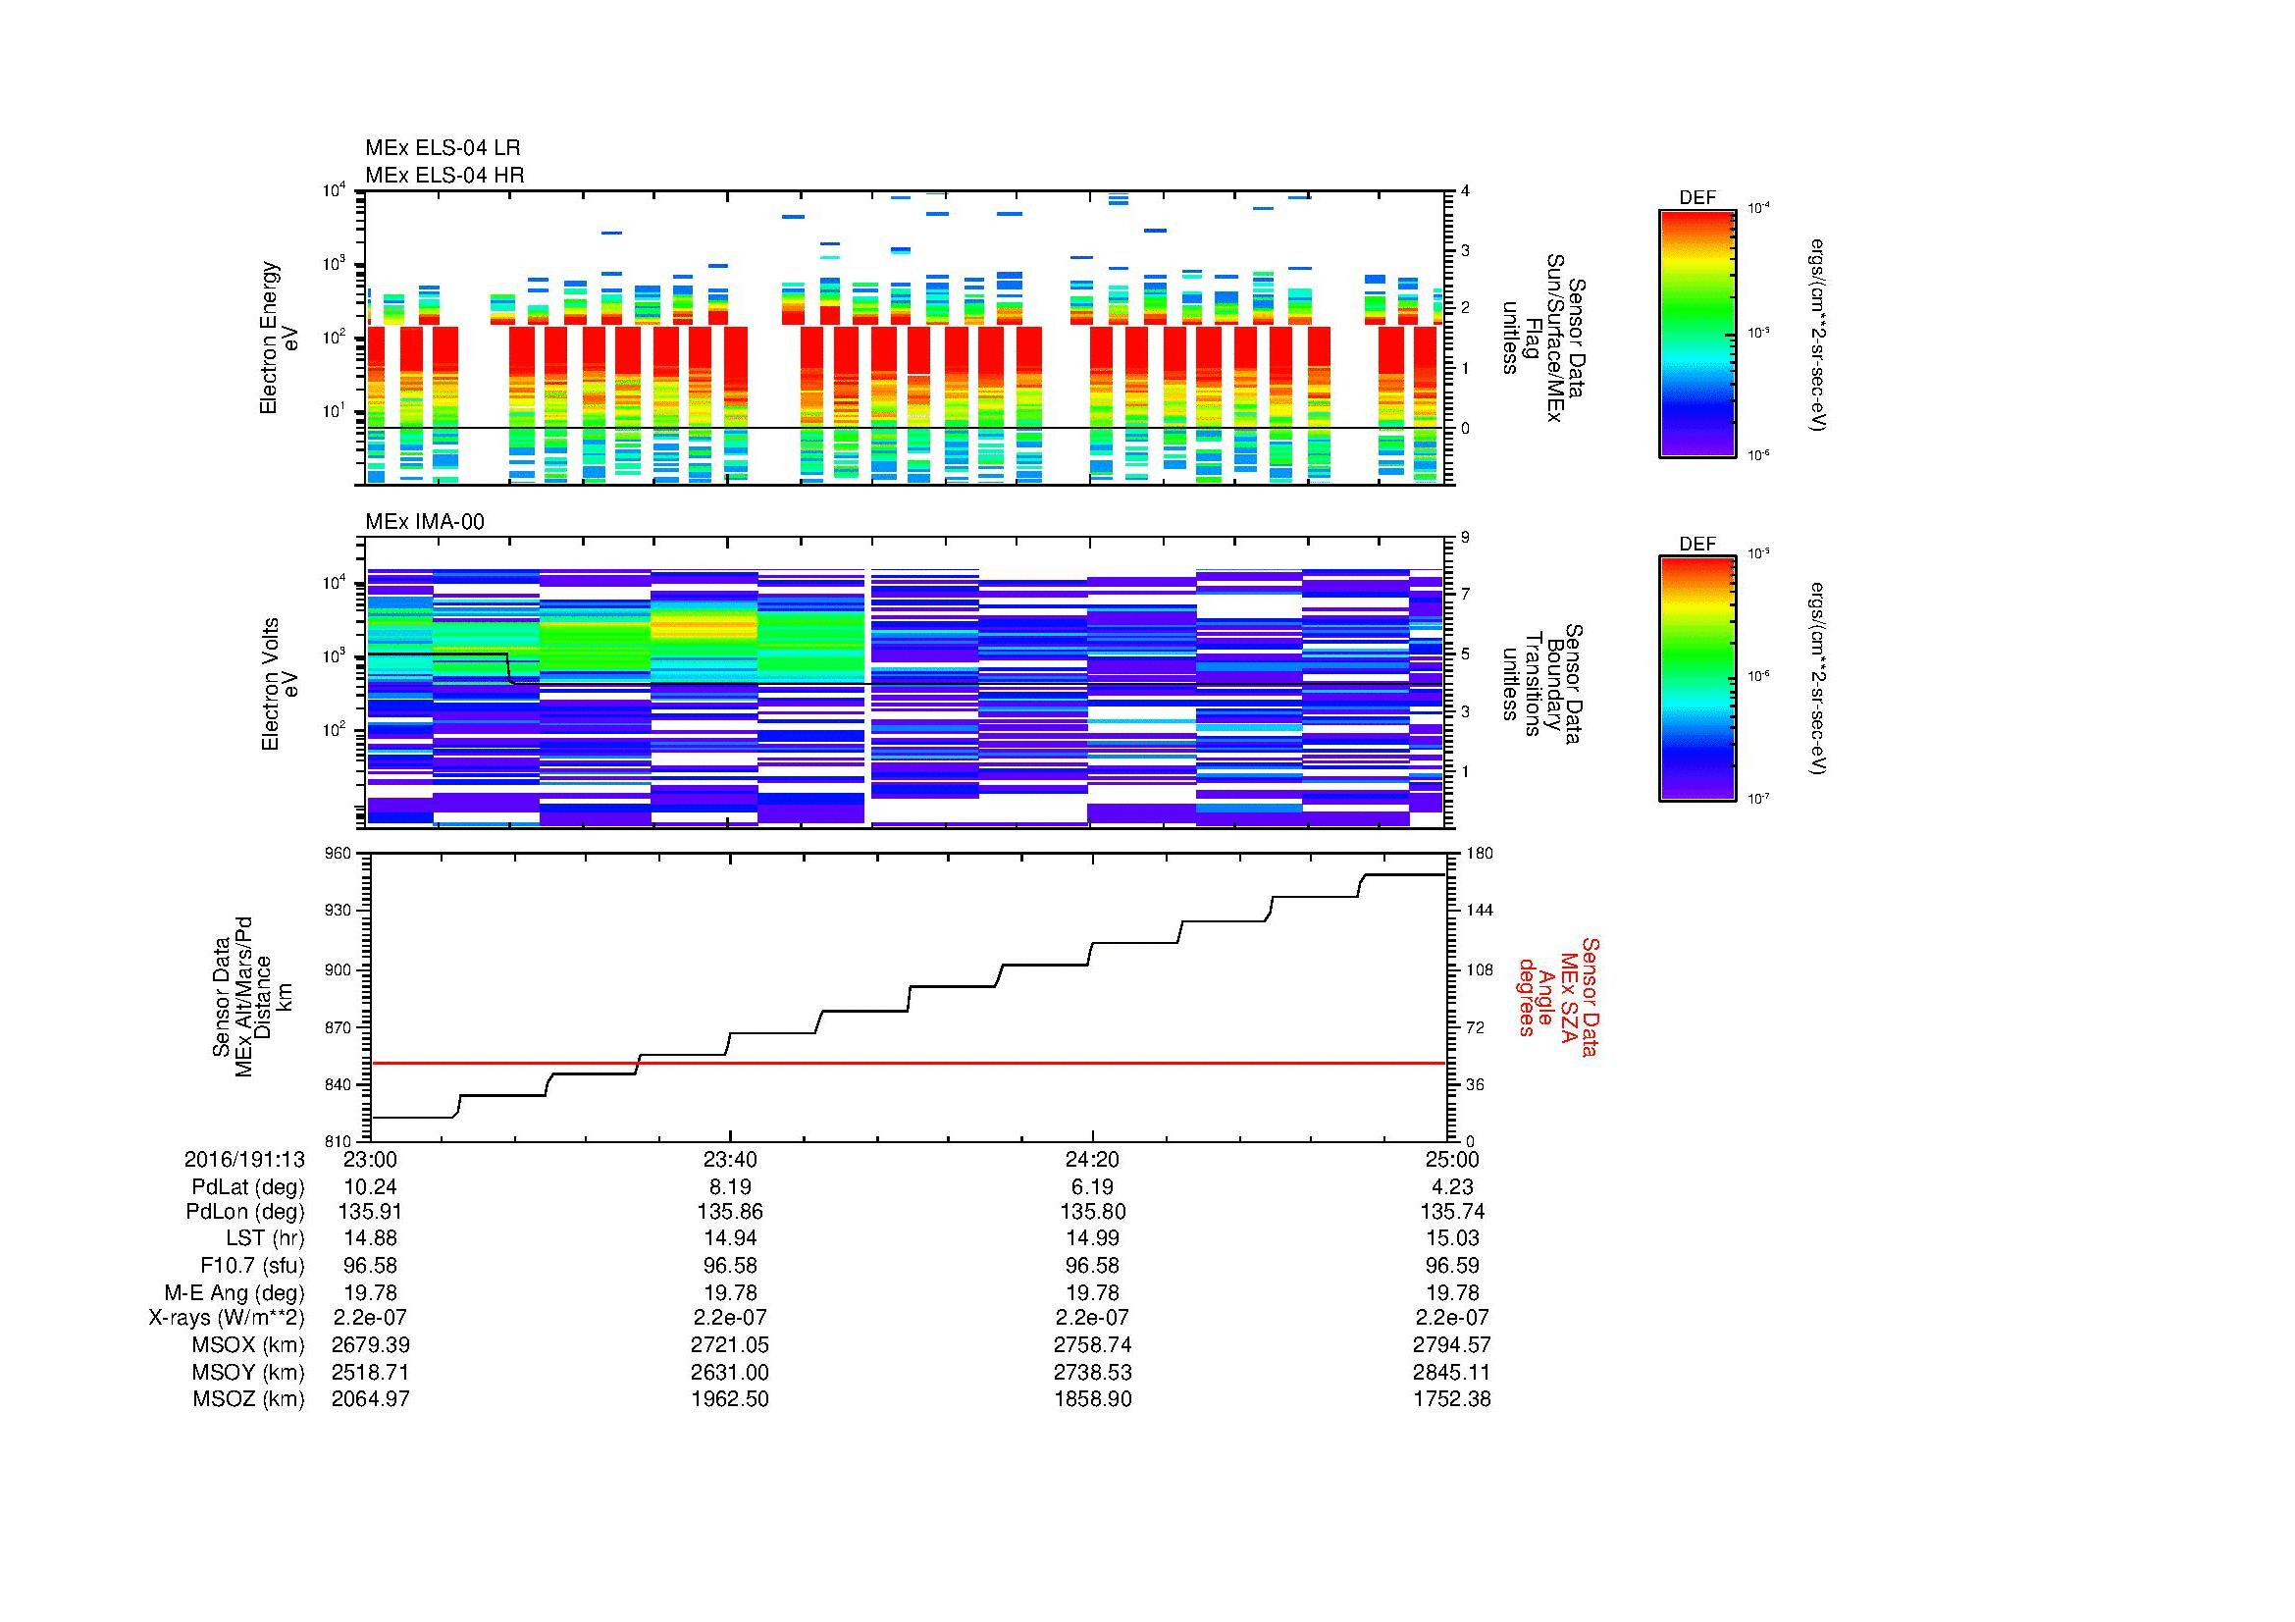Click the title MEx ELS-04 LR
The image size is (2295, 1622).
pyautogui.click(x=443, y=148)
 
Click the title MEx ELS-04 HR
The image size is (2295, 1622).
pyautogui.click(x=444, y=175)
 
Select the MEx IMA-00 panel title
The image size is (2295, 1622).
pyautogui.click(x=425, y=522)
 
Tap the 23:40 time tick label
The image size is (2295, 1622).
pyautogui.click(x=731, y=1159)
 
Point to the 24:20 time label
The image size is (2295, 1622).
pyautogui.click(x=1092, y=1159)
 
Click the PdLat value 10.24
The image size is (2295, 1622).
pyautogui.click(x=371, y=1186)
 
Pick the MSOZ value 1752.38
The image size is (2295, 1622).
pyautogui.click(x=1451, y=1399)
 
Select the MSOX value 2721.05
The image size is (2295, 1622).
pyautogui.click(x=731, y=1345)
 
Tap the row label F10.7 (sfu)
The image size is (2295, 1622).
pyautogui.click(x=252, y=1265)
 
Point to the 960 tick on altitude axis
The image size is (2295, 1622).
pyautogui.click(x=339, y=854)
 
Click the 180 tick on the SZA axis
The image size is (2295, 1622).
pyautogui.click(x=1479, y=854)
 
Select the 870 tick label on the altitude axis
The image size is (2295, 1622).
pyautogui.click(x=339, y=1027)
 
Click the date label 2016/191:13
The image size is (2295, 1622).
pyautogui.click(x=245, y=1159)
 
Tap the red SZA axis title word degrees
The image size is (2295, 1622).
pyautogui.click(x=1527, y=997)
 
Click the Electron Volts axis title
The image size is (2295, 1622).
pyautogui.click(x=270, y=685)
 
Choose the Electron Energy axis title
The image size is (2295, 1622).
pyautogui.click(x=270, y=338)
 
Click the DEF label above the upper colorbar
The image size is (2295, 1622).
pyautogui.click(x=1697, y=198)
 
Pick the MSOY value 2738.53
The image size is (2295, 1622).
pyautogui.click(x=1092, y=1372)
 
